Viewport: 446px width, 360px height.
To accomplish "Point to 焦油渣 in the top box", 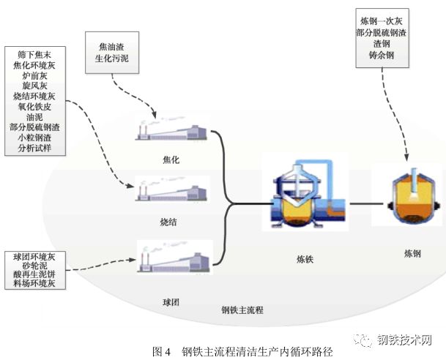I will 108,48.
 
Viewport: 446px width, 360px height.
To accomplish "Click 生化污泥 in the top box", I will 108,59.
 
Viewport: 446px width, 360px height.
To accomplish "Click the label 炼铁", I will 302,258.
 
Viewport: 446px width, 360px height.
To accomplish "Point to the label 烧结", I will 170,219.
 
